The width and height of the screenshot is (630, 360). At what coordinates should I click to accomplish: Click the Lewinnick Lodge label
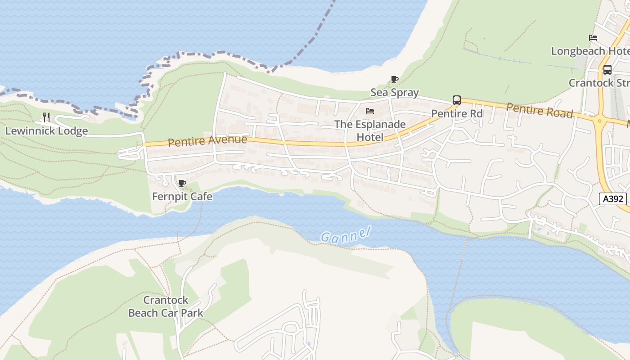[x=46, y=131]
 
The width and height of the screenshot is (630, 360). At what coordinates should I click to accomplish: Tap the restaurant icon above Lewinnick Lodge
[x=46, y=117]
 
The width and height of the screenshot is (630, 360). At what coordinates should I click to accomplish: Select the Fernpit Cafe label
[x=182, y=197]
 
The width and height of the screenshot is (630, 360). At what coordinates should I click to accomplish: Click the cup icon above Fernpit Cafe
[x=182, y=183]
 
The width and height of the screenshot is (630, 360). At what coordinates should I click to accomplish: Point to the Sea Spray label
[x=395, y=93]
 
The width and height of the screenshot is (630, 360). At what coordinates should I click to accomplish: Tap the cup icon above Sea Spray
[x=395, y=80]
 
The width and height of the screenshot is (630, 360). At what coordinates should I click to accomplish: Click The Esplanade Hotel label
[x=370, y=130]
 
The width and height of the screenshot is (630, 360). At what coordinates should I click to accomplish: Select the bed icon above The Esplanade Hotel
[x=370, y=111]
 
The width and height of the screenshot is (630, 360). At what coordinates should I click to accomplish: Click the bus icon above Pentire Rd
[x=457, y=100]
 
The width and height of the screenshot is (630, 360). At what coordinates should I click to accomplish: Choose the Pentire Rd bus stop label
[x=457, y=113]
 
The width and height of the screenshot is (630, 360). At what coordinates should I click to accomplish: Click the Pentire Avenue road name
[x=207, y=141]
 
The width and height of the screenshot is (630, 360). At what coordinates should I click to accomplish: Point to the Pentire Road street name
[x=539, y=110]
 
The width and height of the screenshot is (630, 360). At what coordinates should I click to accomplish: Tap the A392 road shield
[x=612, y=199]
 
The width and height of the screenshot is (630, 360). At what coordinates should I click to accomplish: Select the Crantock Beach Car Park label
[x=166, y=306]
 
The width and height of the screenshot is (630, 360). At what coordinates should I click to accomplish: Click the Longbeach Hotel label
[x=590, y=51]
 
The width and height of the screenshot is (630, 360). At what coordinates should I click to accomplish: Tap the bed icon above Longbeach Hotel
[x=593, y=38]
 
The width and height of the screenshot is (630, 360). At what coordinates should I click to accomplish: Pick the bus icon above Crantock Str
[x=607, y=70]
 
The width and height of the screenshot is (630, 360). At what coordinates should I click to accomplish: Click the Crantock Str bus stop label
[x=598, y=83]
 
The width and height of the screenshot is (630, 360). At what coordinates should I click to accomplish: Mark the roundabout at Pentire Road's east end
[x=599, y=121]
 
